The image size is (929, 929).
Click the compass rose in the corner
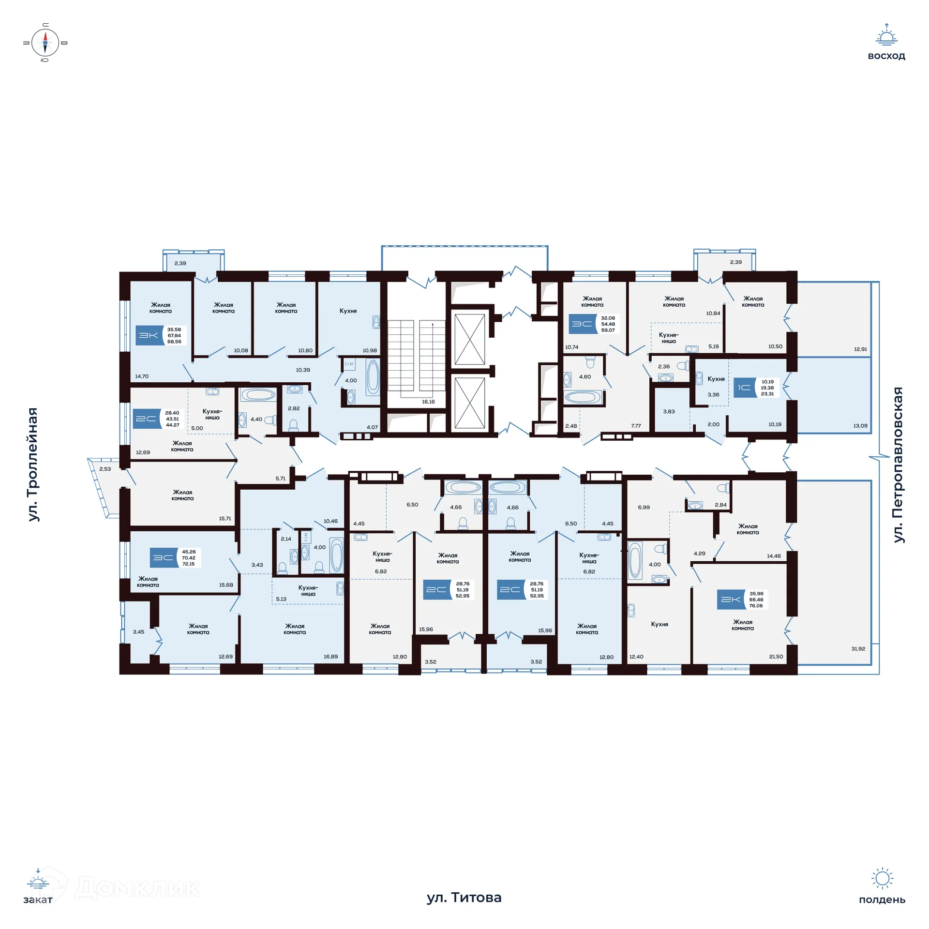45,43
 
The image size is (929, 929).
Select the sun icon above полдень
882,878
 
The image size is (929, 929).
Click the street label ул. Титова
464,898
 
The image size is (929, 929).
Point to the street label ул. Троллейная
32,464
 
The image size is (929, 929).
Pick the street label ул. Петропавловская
898,465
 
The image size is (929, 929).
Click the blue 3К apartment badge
150,335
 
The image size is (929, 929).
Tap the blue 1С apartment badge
745,388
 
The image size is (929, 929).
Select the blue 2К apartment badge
731,599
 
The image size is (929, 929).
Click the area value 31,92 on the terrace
858,648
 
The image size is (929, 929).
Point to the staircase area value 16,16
428,402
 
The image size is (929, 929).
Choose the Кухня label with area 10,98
348,311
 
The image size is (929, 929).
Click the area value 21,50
776,657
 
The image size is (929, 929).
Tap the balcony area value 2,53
105,469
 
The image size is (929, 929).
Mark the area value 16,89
331,657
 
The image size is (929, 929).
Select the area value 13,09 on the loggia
860,426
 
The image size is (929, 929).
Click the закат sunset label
38,899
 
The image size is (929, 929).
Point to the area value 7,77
636,426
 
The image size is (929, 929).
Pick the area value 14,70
142,376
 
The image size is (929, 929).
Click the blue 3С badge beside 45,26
164,558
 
